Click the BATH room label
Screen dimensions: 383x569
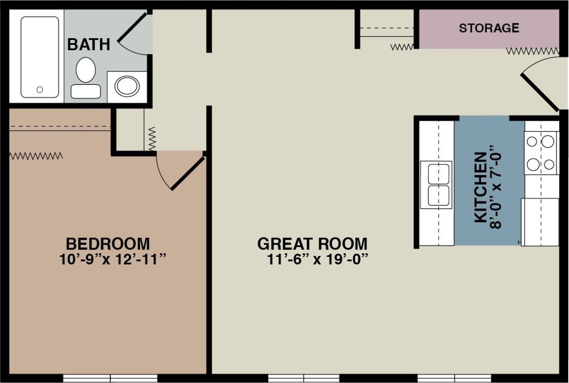[89, 44]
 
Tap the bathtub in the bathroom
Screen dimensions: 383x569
[40, 57]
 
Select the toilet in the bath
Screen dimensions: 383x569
[85, 76]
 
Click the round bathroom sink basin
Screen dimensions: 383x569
[127, 86]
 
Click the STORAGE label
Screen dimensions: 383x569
[489, 28]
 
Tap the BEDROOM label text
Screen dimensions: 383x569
[107, 244]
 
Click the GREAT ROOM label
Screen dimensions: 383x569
[312, 244]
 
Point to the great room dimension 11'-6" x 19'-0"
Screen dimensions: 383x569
[318, 260]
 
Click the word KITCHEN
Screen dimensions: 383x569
[480, 187]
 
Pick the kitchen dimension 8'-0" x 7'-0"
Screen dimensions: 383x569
[495, 187]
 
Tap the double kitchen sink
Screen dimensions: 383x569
[436, 185]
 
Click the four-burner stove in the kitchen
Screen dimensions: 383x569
[541, 153]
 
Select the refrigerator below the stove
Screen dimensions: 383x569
[540, 222]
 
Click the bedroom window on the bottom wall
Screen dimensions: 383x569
[110, 378]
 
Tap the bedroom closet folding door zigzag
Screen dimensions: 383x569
[36, 156]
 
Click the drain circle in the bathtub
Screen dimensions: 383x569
[40, 90]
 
